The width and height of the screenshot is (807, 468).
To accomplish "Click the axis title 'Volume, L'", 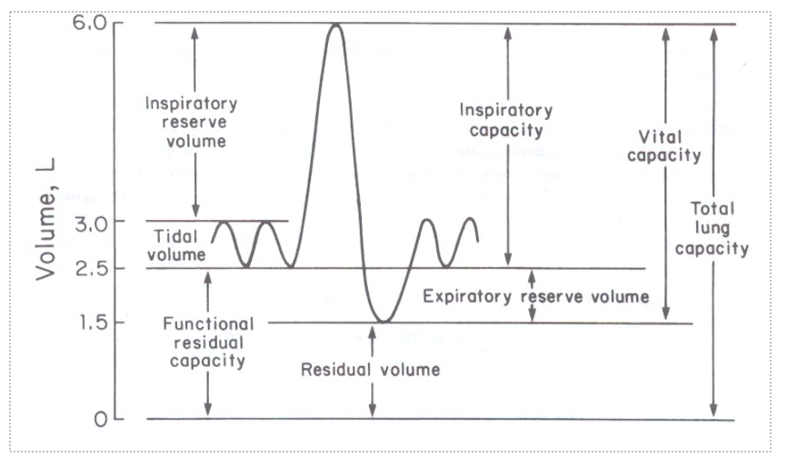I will coord(46,218).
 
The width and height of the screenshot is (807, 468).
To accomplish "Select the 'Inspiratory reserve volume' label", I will coord(191,122).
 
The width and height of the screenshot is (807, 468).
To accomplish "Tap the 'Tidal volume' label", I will coord(178,245).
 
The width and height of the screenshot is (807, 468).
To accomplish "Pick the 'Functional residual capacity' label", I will coord(208,342).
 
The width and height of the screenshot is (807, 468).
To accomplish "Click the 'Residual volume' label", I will coord(371,370).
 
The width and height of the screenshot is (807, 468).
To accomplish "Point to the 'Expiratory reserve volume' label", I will coord(536,296).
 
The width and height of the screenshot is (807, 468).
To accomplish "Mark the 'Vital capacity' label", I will coord(669,145).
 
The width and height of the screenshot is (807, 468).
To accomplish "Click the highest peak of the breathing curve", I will coord(335,25).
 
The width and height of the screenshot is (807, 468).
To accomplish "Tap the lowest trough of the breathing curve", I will coord(384,321).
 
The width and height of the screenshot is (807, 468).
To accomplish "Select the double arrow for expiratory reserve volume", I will coord(532,295).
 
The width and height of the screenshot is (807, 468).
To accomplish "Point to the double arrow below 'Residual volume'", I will coord(372,398).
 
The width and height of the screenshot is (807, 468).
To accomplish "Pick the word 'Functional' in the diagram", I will coord(208,324).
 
